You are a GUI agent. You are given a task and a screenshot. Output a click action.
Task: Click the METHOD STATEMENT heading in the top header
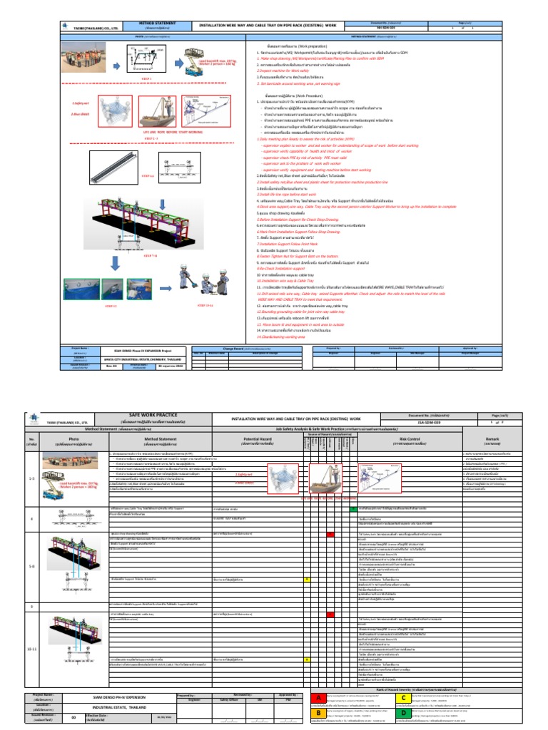pos(155,24)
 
